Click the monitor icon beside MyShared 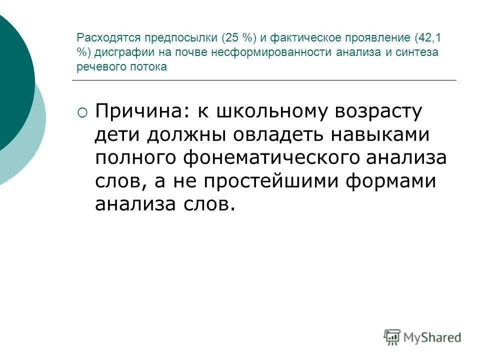point(392,336)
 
